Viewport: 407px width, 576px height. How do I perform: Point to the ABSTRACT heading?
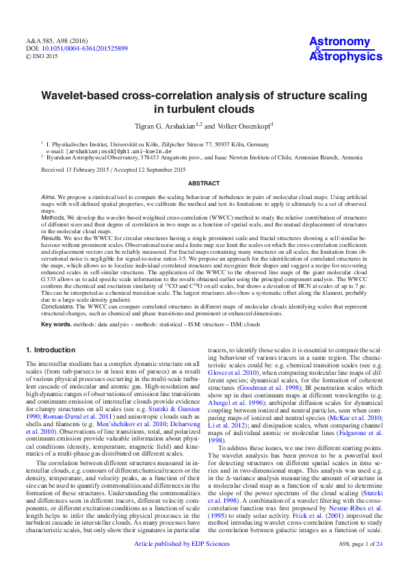tap(203, 183)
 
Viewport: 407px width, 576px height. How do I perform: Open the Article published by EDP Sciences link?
tap(182, 563)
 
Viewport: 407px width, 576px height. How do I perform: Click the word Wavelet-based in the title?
tap(81, 96)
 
